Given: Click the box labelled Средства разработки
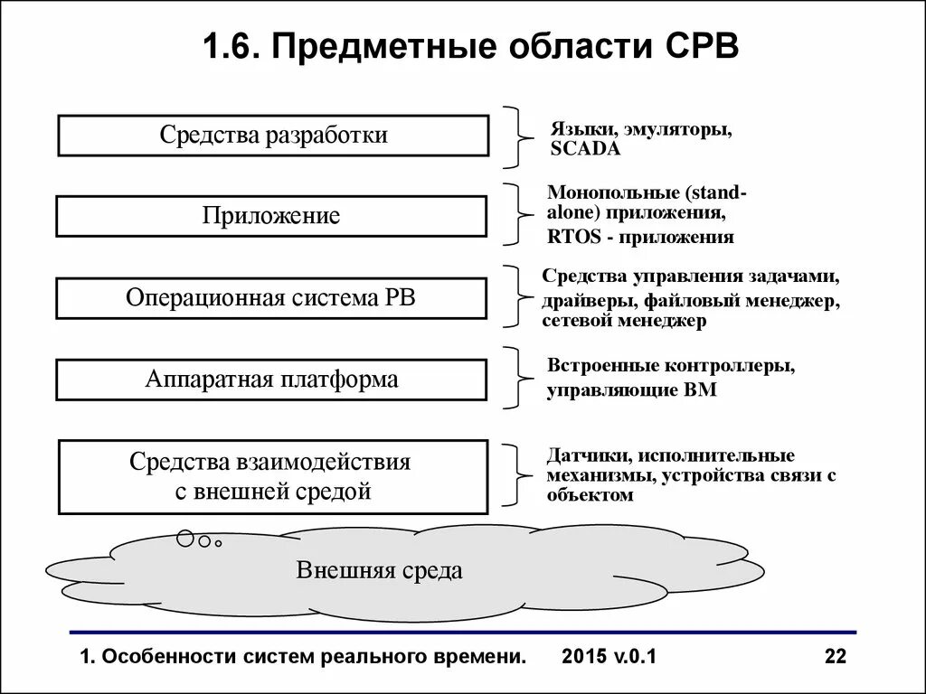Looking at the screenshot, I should click(x=273, y=136).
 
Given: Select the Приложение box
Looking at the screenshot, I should click(x=271, y=216).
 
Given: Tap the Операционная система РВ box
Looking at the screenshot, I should click(x=271, y=298).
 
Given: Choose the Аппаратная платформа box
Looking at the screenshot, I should click(x=271, y=380).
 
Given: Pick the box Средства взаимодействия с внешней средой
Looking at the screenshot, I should click(x=272, y=476).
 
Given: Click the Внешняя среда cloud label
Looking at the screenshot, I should click(x=379, y=570).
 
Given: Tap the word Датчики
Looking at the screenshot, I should click(x=580, y=455).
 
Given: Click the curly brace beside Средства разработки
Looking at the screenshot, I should click(x=517, y=137).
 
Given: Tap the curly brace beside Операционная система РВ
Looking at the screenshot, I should click(x=517, y=296).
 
